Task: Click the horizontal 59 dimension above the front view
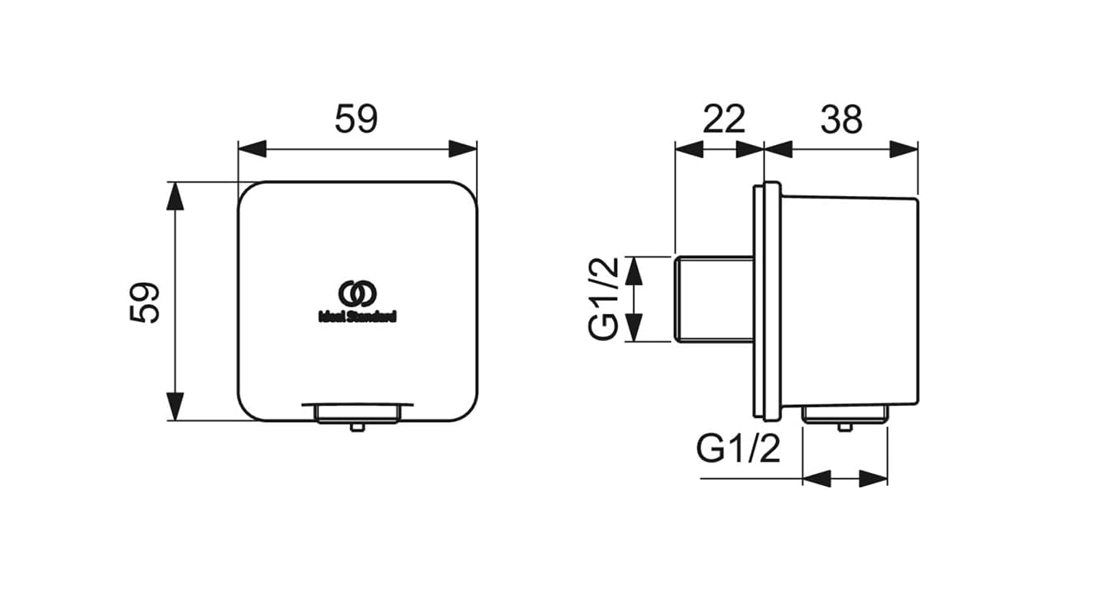tap(356, 119)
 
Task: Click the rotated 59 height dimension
tap(144, 302)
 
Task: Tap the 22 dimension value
tap(723, 119)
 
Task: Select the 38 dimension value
tap(841, 119)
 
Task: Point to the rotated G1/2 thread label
tap(603, 298)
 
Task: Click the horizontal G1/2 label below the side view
tap(738, 448)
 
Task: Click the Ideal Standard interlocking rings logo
tap(357, 293)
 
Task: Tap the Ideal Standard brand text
tap(357, 316)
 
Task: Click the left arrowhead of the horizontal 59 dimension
tap(252, 149)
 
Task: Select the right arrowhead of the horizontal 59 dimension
tap(463, 149)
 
